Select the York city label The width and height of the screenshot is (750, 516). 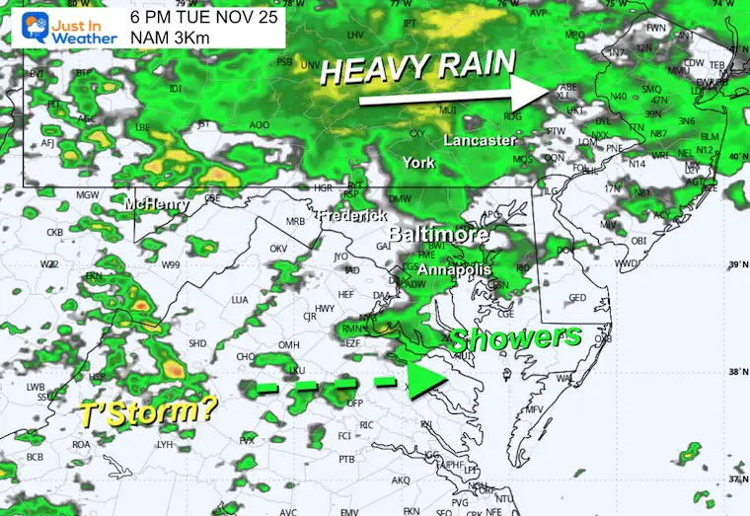pos(419,163)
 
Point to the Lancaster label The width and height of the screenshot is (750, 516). pos(480,141)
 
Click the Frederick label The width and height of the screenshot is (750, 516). pos(350,215)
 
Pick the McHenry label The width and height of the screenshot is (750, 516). pos(158,204)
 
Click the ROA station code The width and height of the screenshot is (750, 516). pos(82,444)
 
